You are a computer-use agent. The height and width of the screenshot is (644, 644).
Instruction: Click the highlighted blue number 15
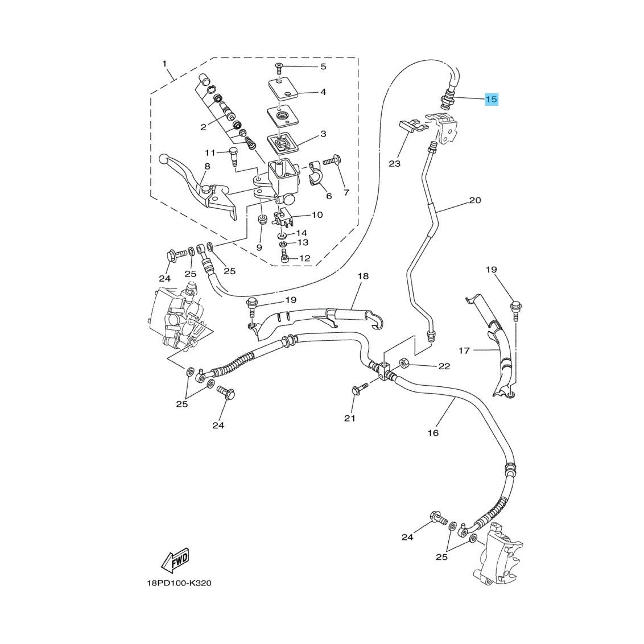[x=492, y=100]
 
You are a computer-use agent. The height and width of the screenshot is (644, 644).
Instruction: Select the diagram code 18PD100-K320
[x=179, y=583]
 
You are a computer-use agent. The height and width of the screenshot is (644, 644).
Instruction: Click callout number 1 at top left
[x=164, y=64]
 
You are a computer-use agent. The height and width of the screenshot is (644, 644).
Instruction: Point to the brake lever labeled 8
[x=197, y=187]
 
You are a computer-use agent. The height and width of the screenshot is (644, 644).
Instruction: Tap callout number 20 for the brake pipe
[x=475, y=200]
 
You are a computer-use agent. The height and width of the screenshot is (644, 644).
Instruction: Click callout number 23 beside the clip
[x=395, y=163]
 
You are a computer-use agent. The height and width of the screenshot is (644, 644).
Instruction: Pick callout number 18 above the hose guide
[x=363, y=276]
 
